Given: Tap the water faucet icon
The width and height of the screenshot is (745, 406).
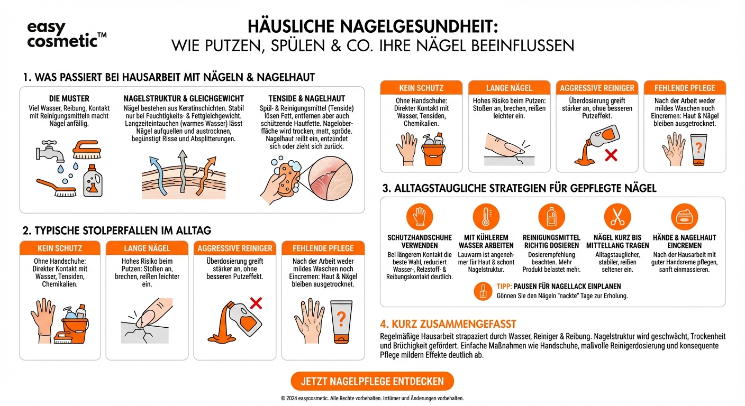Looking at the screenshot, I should pos(50,150).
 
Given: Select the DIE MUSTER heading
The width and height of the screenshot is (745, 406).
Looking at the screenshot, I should pos(69,98).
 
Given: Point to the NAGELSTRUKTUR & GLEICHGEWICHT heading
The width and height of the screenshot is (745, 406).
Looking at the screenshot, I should pos(184,98).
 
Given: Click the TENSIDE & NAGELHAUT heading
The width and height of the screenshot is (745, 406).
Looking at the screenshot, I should pos(307,98).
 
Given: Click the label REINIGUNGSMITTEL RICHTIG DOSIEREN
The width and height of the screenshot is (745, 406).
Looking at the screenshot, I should pos(551,242).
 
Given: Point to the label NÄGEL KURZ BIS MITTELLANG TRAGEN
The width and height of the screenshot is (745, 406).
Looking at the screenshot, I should pos(617,242).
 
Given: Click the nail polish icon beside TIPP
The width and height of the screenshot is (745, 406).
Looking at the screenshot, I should pos(484,290).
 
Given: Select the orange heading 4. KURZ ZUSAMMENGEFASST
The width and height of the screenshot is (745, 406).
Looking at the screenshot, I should pos(448,324).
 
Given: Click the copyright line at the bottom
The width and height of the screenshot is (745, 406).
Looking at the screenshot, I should pos(372,398).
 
